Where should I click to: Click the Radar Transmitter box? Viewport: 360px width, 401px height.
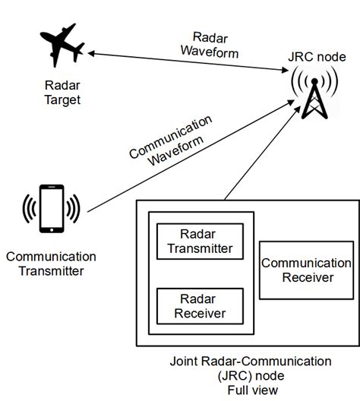coord(200,240)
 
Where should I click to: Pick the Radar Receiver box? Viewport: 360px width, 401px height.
coord(200,305)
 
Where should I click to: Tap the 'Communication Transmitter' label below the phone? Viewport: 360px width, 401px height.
coord(50,264)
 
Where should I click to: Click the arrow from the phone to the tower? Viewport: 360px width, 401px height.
coord(190,159)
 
